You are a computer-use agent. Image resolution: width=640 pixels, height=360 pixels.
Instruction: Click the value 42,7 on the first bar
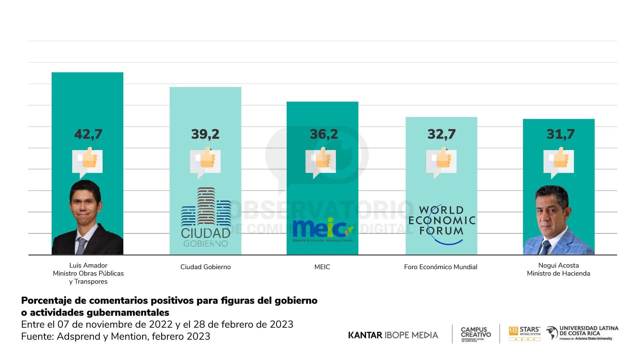click(88, 134)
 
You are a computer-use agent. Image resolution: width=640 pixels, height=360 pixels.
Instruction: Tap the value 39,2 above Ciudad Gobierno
click(205, 134)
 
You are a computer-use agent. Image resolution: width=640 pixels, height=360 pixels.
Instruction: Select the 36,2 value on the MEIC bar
click(324, 134)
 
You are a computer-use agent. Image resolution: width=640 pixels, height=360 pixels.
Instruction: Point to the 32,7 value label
click(441, 134)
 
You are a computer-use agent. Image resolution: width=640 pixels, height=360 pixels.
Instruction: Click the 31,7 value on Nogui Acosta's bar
click(560, 134)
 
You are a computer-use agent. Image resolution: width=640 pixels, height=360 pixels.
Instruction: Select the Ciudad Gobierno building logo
click(206, 217)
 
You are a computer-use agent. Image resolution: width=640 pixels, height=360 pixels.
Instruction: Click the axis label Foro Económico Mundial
click(440, 267)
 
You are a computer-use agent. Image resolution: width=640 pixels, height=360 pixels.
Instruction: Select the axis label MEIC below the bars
click(322, 267)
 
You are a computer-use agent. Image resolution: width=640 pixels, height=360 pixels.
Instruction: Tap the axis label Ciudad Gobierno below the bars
click(205, 267)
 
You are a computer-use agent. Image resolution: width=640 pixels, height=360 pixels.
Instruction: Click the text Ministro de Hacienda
click(558, 274)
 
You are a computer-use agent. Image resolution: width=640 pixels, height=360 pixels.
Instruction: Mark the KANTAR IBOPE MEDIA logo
click(393, 335)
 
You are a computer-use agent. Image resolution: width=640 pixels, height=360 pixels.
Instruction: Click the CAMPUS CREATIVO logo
click(476, 334)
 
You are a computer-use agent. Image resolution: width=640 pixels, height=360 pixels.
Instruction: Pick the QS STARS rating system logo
click(524, 333)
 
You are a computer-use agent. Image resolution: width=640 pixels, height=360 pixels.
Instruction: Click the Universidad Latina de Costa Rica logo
click(582, 333)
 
